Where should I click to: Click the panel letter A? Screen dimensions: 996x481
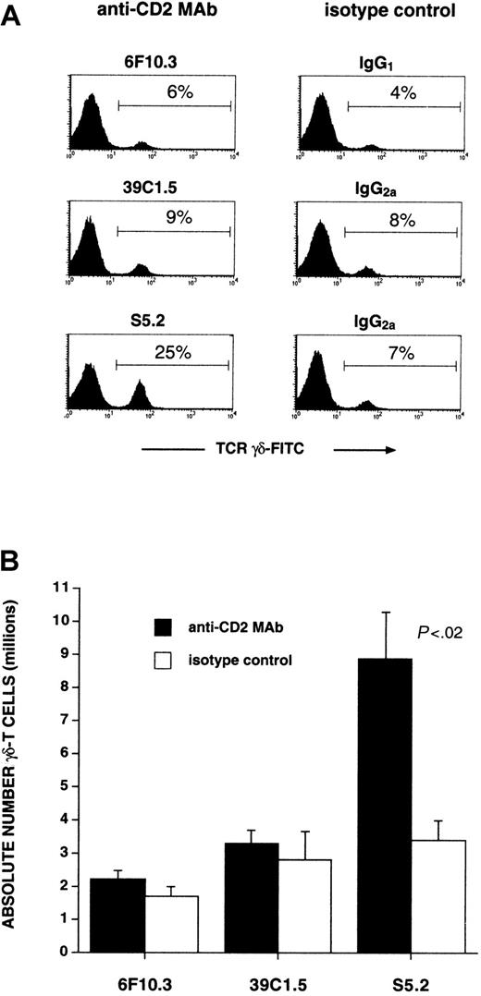click(14, 18)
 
